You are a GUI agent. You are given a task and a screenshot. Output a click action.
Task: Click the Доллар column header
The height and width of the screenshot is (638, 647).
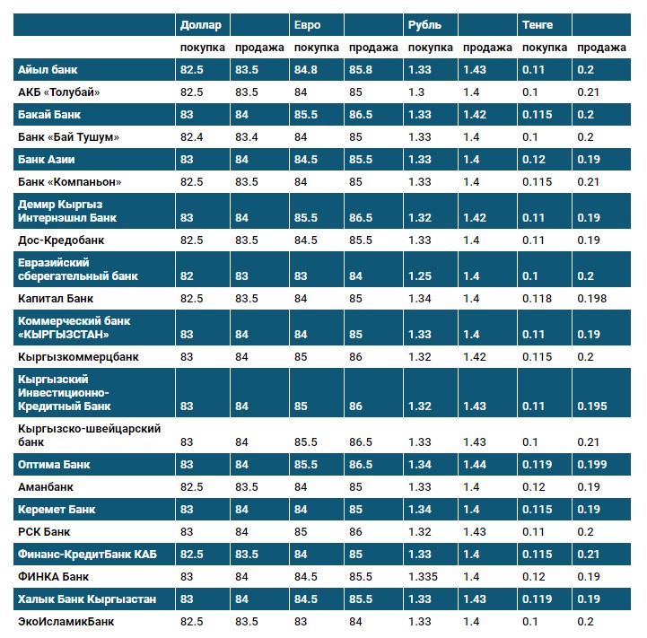(200, 25)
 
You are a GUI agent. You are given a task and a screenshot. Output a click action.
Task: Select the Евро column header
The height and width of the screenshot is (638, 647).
(307, 25)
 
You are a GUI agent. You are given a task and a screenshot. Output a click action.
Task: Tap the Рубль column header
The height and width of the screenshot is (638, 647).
(424, 25)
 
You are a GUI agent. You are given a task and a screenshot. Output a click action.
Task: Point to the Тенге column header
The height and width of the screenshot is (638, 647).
(538, 25)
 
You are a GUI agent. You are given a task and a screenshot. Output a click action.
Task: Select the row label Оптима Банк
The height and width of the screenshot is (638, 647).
(54, 464)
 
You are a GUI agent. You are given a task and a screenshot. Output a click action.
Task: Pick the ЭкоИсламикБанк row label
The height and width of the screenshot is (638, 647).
(66, 621)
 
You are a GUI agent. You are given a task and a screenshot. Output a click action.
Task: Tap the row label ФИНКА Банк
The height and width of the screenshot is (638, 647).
(54, 576)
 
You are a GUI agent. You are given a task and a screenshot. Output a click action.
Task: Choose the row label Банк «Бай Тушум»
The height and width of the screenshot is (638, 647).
(68, 136)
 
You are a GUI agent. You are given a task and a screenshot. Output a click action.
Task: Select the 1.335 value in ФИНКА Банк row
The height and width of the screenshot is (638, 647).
(424, 576)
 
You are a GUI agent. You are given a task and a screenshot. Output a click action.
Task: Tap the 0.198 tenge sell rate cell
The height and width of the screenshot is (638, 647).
(592, 298)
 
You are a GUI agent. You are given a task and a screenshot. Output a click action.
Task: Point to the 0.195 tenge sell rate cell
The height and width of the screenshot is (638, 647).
(592, 406)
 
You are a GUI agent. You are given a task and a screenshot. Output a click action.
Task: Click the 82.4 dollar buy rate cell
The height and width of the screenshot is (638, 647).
(192, 136)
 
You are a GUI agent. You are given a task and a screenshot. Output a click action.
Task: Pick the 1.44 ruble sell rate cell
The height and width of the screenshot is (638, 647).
(476, 464)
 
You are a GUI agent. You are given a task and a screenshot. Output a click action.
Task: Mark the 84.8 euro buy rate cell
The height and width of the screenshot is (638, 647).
(307, 69)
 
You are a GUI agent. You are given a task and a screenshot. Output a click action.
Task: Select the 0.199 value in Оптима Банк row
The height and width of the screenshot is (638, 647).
(592, 464)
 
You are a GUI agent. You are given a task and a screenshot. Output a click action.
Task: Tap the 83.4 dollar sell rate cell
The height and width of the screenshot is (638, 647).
(247, 136)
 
